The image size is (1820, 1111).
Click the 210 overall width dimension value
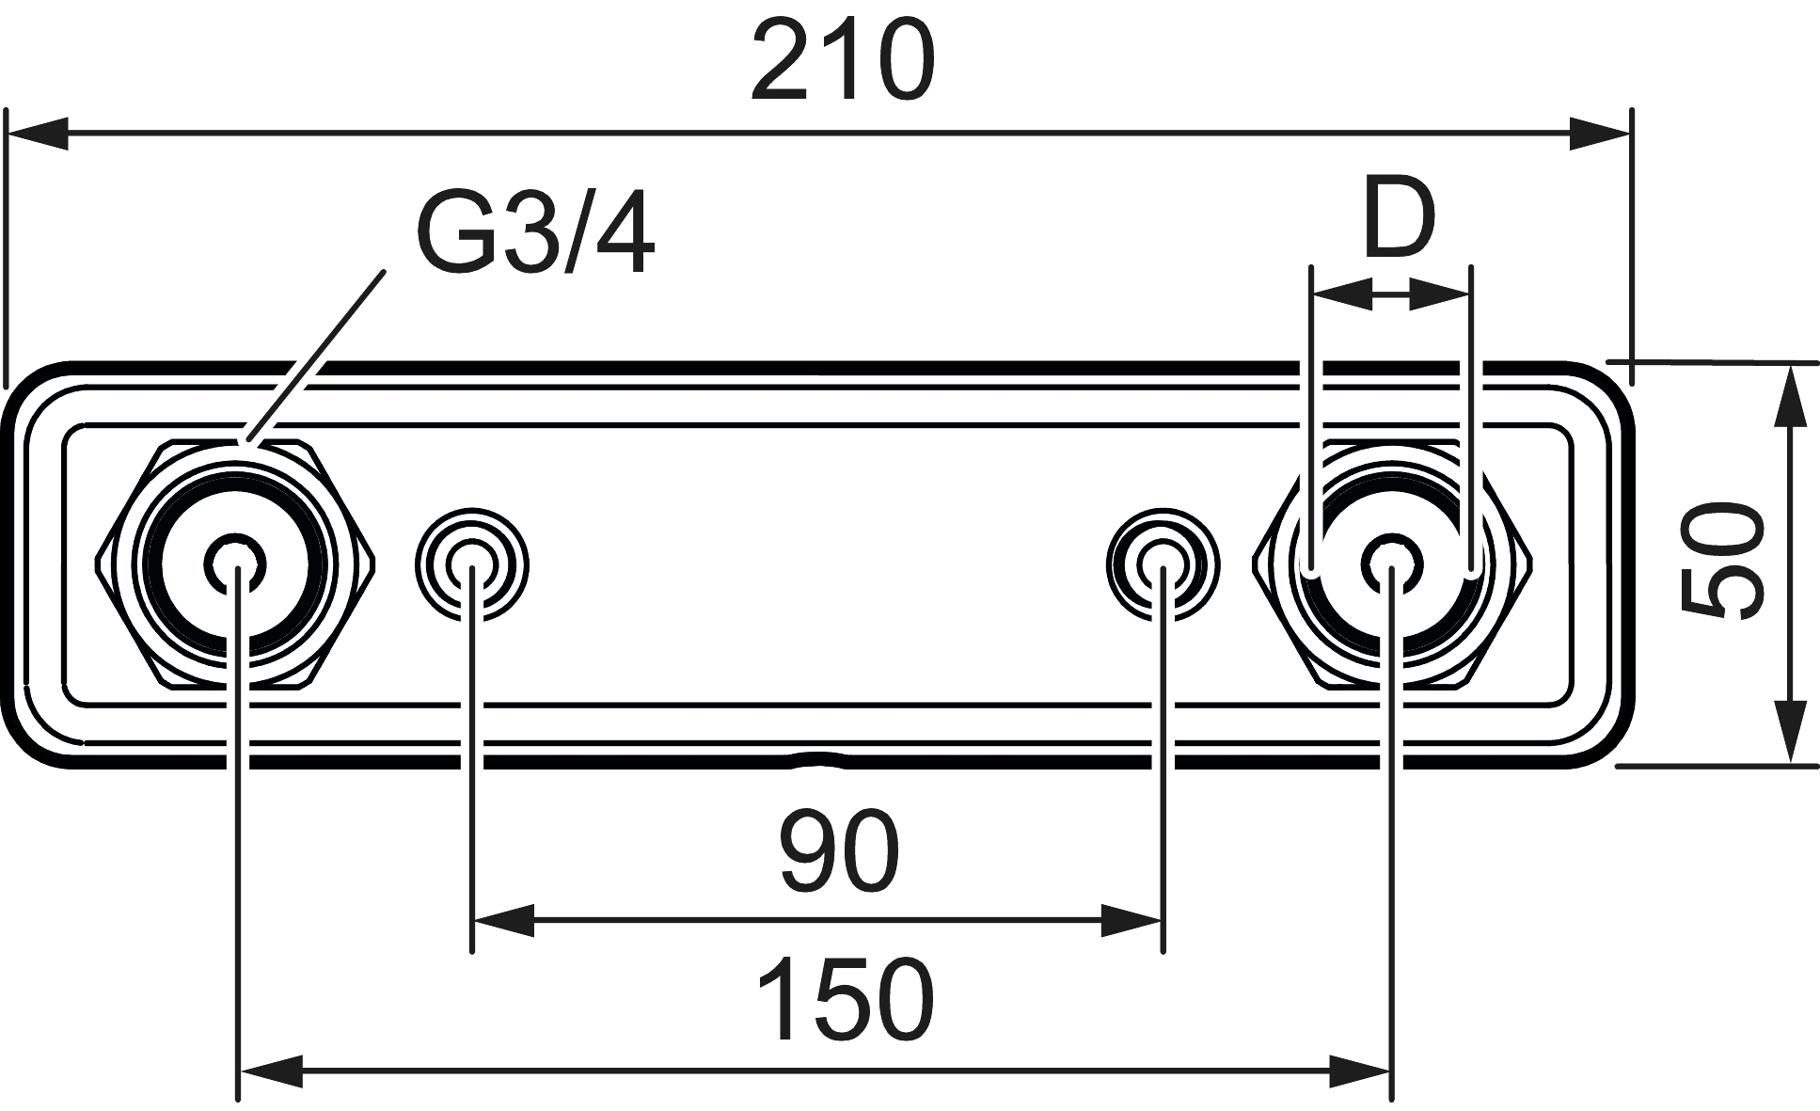tap(843, 61)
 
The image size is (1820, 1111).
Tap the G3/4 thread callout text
tap(534, 234)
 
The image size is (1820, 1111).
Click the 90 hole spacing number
tap(840, 852)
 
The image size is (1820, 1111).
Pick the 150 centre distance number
tap(844, 1000)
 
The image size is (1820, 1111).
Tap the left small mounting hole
tap(472, 564)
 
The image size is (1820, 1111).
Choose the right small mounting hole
tap(1163, 564)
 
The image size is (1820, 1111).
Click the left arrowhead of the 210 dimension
tap(38, 134)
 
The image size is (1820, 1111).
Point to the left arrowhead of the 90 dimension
tap(503, 921)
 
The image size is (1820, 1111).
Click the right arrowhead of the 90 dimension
tap(1132, 921)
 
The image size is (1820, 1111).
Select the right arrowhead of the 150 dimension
tap(1360, 1070)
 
